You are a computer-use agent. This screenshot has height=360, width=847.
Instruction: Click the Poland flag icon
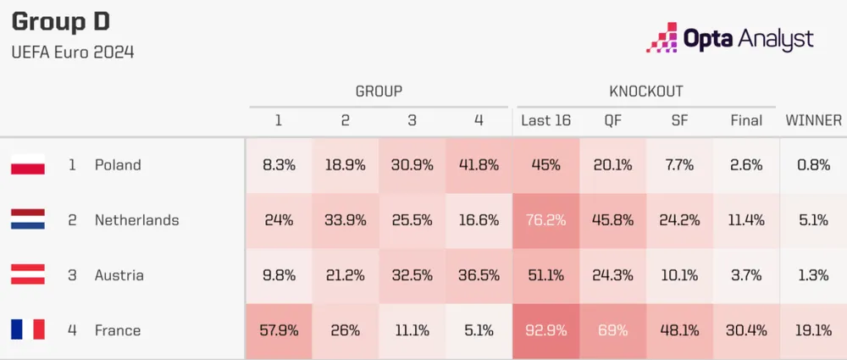tap(28, 165)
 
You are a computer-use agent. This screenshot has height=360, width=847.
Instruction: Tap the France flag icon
tap(28, 330)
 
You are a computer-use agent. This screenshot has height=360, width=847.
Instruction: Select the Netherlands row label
tap(136, 220)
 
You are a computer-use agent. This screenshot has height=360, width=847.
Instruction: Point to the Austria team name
tap(119, 275)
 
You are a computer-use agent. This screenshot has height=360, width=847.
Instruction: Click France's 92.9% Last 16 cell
tap(545, 330)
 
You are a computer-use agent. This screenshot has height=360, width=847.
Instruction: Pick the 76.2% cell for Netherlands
tap(545, 220)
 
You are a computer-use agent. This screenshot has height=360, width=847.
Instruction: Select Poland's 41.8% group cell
tap(479, 165)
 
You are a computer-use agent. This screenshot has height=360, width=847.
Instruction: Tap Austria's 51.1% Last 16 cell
tap(545, 275)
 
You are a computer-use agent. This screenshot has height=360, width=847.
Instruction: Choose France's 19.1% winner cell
tap(813, 330)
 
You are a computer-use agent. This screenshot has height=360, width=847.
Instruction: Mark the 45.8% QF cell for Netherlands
tap(612, 220)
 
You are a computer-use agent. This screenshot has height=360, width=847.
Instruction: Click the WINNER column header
tap(813, 120)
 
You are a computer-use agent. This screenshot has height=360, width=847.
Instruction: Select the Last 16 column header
tap(545, 120)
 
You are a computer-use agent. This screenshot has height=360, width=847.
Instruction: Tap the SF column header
tap(679, 120)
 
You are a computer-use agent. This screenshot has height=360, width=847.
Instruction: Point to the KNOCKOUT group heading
tap(645, 91)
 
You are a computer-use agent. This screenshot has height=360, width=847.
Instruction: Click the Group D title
tap(60, 22)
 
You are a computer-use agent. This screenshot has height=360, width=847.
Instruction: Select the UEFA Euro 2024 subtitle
tap(73, 53)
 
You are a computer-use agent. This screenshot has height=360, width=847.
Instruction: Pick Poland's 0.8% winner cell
tap(813, 165)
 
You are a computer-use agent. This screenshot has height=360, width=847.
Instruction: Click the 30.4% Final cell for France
tap(746, 330)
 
